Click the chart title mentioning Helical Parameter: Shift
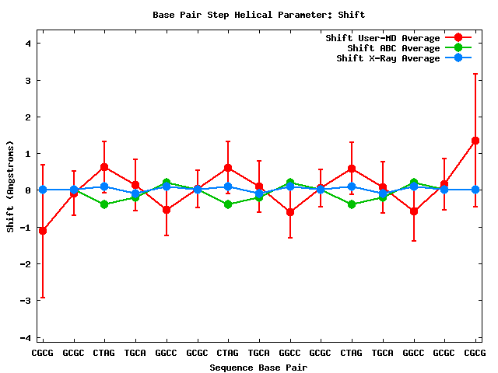pyautogui.click(x=258, y=15)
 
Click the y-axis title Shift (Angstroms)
pyautogui.click(x=10, y=186)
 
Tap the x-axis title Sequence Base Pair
pyautogui.click(x=258, y=367)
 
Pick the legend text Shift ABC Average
pyautogui.click(x=393, y=48)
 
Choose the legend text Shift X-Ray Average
pyautogui.click(x=388, y=58)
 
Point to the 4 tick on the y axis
pyautogui.click(x=27, y=44)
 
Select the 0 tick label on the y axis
pyautogui.click(x=27, y=190)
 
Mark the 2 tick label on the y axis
pyautogui.click(x=27, y=117)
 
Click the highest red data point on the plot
pyautogui.click(x=475, y=141)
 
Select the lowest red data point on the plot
pyautogui.click(x=43, y=231)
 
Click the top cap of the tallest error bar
pyautogui.click(x=475, y=74)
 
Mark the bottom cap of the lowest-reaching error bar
pyautogui.click(x=43, y=298)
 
